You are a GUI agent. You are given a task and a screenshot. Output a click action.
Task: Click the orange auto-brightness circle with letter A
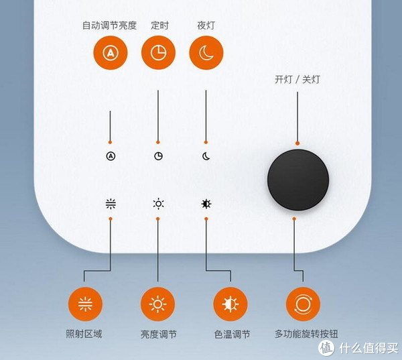tap(111, 52)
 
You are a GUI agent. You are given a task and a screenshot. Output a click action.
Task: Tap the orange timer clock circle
tap(158, 52)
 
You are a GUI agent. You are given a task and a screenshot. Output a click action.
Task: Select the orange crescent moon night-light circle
tap(206, 52)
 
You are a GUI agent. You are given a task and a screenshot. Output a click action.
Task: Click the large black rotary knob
tap(298, 180)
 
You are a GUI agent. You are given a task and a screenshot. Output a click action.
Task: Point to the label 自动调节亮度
tap(109, 25)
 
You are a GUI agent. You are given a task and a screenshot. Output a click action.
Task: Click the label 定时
tap(159, 25)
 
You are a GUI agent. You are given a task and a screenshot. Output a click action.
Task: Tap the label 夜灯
tap(206, 25)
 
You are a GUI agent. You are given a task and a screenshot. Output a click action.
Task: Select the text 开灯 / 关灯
tap(297, 79)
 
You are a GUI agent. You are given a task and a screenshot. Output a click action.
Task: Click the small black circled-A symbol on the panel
tap(111, 156)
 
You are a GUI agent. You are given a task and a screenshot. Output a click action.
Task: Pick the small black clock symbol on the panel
tap(158, 156)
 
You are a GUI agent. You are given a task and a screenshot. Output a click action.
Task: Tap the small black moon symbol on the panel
tap(206, 156)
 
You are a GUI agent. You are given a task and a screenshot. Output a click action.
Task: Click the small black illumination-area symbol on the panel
tap(111, 204)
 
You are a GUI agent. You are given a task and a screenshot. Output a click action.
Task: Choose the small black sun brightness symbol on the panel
tap(158, 204)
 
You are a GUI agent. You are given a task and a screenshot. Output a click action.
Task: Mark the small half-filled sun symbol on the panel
tap(206, 204)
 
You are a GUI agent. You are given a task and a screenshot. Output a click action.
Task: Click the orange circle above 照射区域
tap(85, 304)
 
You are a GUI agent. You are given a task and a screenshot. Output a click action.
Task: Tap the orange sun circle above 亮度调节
tap(157, 304)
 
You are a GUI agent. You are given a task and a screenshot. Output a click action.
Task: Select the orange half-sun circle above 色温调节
tap(230, 304)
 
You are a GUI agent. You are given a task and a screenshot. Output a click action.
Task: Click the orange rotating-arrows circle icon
tap(303, 304)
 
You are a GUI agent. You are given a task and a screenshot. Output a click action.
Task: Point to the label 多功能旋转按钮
tap(306, 334)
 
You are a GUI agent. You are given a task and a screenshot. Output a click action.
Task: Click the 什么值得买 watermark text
tap(368, 348)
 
